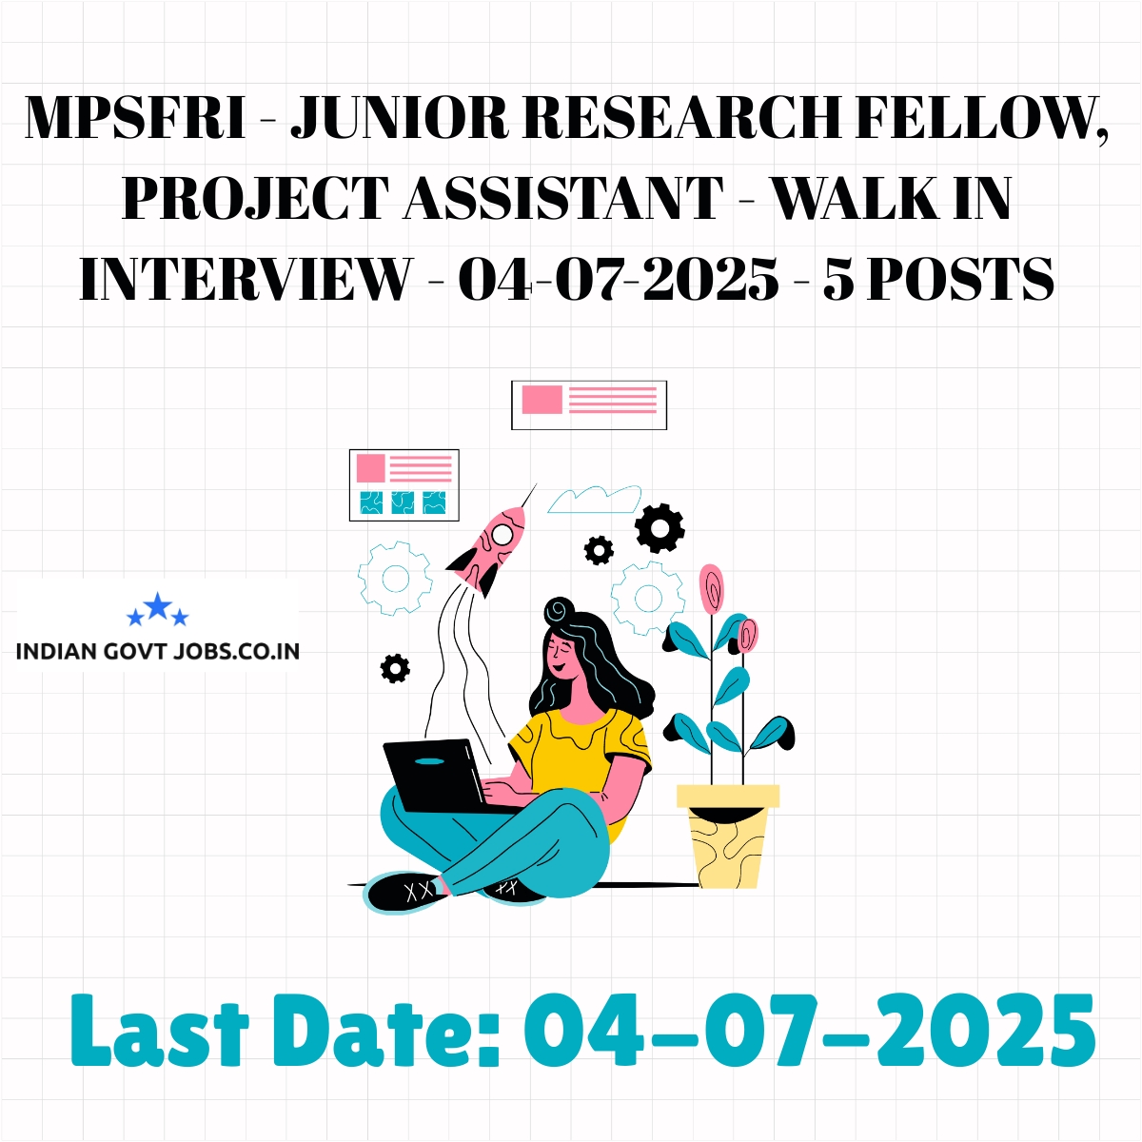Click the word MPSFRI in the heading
coord(135,117)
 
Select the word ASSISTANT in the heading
coord(563,198)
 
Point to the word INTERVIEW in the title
coord(246,279)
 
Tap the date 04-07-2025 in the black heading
coord(619,279)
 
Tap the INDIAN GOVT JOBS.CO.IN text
coord(158,652)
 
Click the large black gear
coord(660,528)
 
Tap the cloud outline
coord(595,499)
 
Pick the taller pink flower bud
coord(711,588)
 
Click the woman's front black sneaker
coord(406,891)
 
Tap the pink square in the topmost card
coord(541,400)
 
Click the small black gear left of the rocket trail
coord(395,668)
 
